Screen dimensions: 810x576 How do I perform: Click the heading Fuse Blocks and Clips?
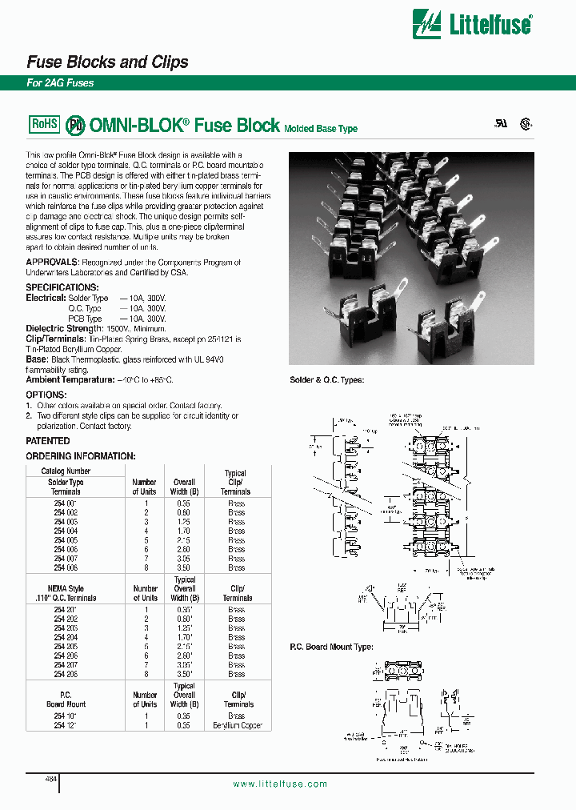point(108,62)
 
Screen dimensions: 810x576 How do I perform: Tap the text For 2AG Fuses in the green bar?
point(61,83)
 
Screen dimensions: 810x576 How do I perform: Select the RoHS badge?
point(44,124)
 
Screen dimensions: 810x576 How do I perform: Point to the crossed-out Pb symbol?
point(74,125)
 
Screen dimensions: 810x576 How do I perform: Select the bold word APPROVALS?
point(53,263)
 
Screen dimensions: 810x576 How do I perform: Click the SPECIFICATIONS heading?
point(62,287)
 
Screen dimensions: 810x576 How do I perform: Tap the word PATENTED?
point(48,441)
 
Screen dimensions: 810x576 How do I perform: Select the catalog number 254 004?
point(66,530)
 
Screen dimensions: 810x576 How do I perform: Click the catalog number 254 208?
point(66,675)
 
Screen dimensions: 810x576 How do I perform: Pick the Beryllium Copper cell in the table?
point(238,725)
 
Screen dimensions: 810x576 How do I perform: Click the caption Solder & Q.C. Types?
point(326,380)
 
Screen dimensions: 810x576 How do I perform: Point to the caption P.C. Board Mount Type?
point(330,647)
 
